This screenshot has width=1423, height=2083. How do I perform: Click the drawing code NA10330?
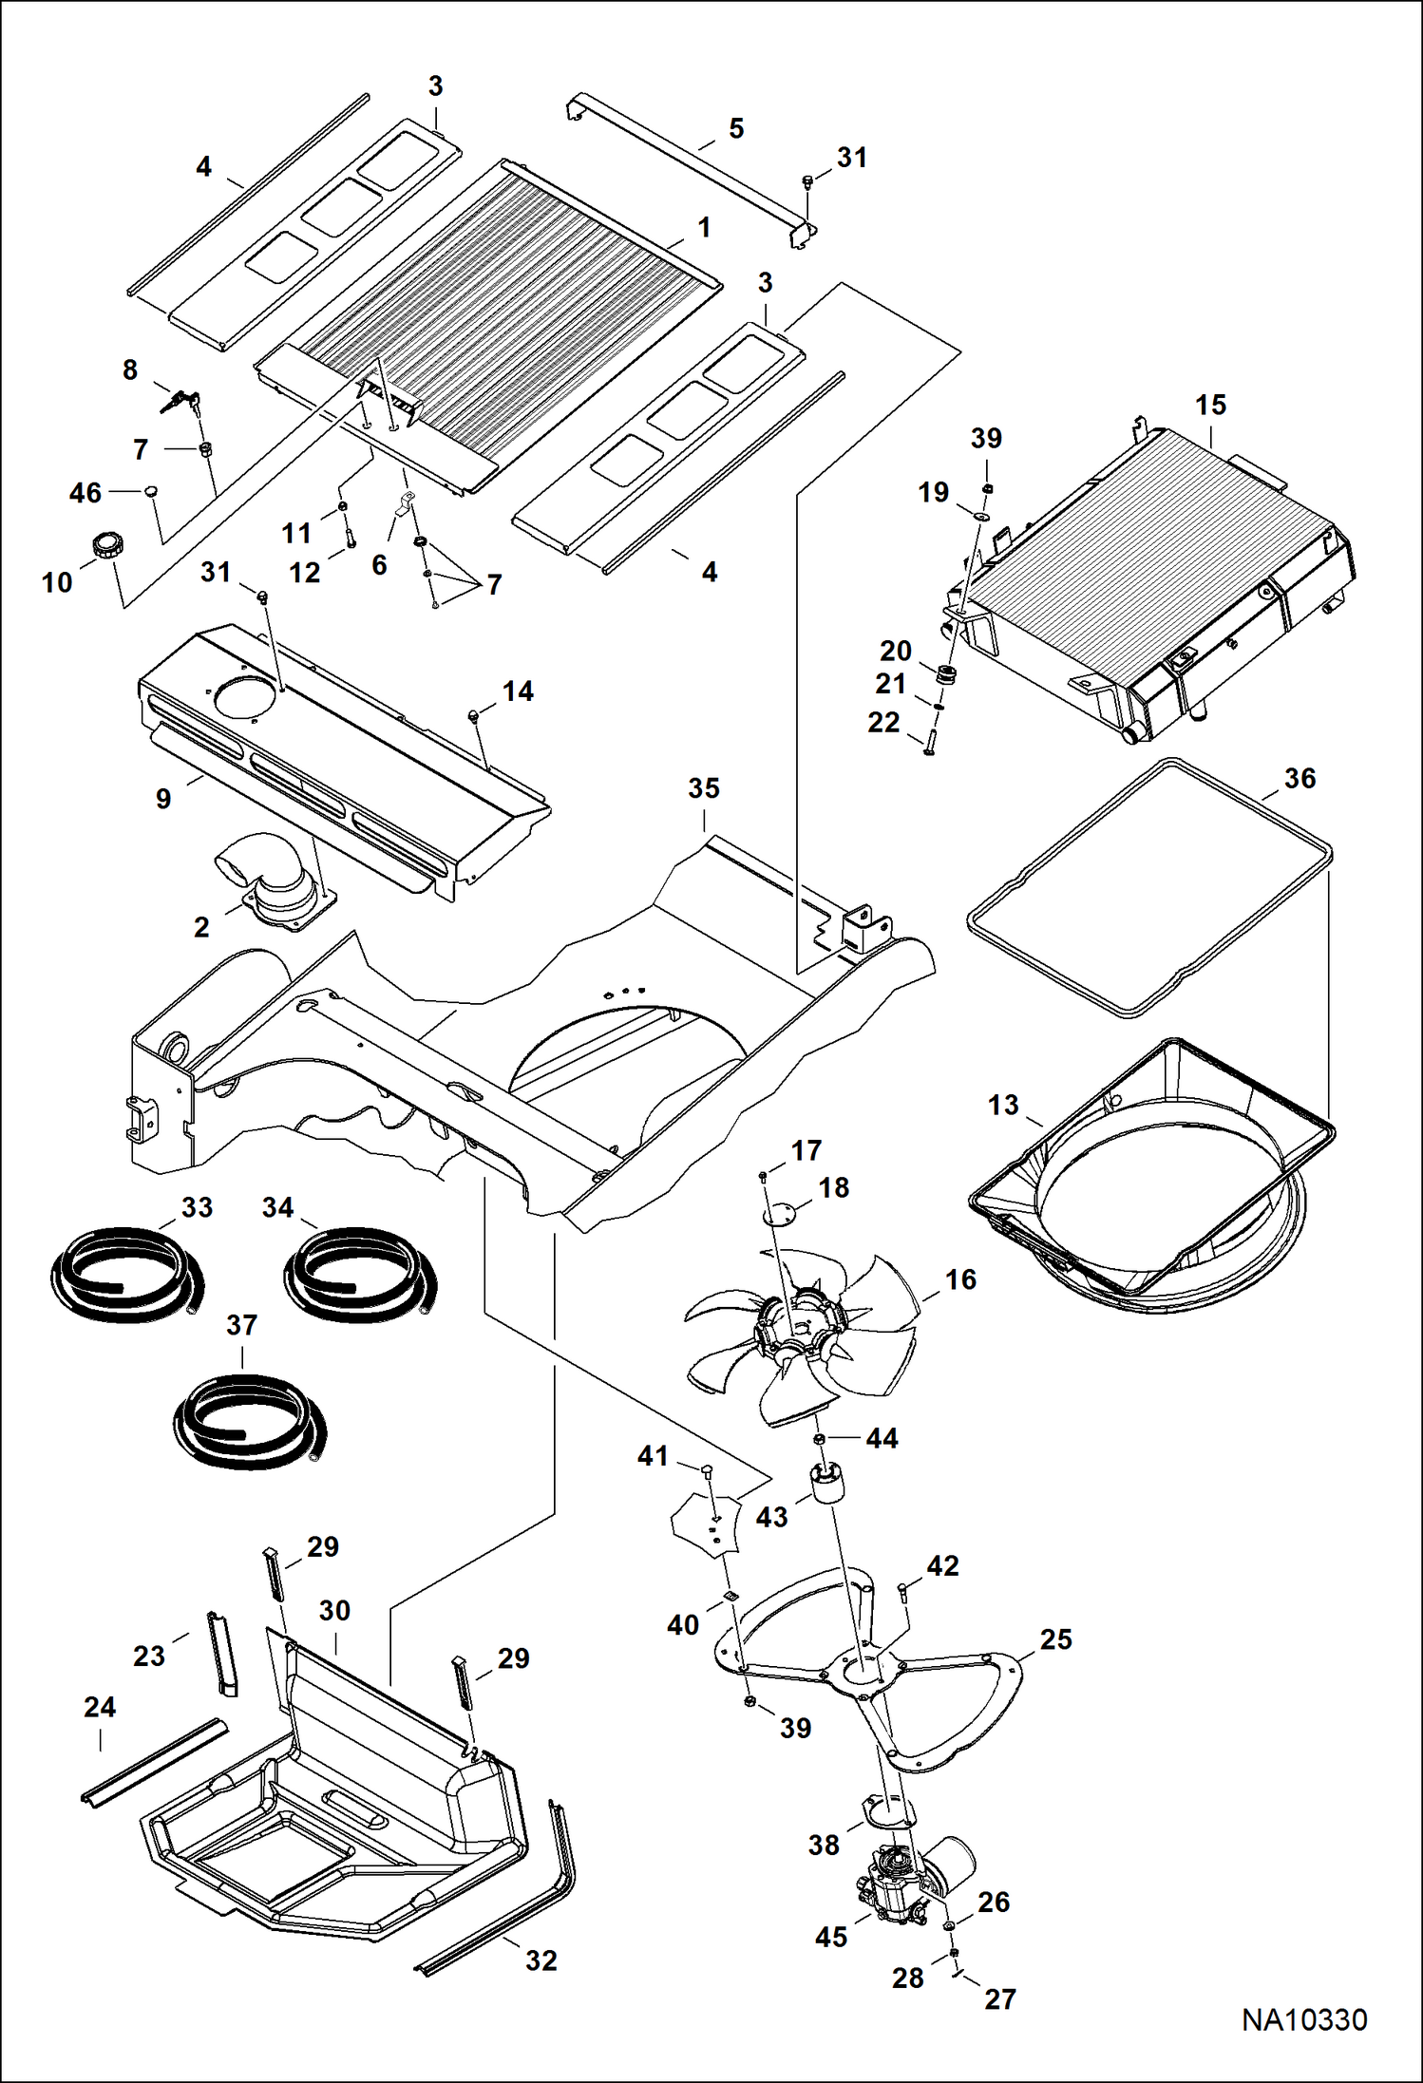tap(1304, 2020)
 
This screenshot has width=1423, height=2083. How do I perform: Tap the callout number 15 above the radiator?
tap(1210, 406)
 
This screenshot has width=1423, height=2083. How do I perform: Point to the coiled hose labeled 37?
tap(249, 1420)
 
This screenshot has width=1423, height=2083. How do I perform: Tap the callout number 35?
tap(704, 788)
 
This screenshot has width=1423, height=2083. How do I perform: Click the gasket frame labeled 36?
tap(1149, 888)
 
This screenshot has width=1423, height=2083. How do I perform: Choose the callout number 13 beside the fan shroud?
tap(1003, 1106)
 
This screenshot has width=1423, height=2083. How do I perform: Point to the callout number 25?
tap(1055, 1639)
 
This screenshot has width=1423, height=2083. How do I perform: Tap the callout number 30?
tap(334, 1610)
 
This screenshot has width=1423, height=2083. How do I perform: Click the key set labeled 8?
tap(180, 403)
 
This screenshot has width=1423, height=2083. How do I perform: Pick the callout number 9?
tap(163, 799)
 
